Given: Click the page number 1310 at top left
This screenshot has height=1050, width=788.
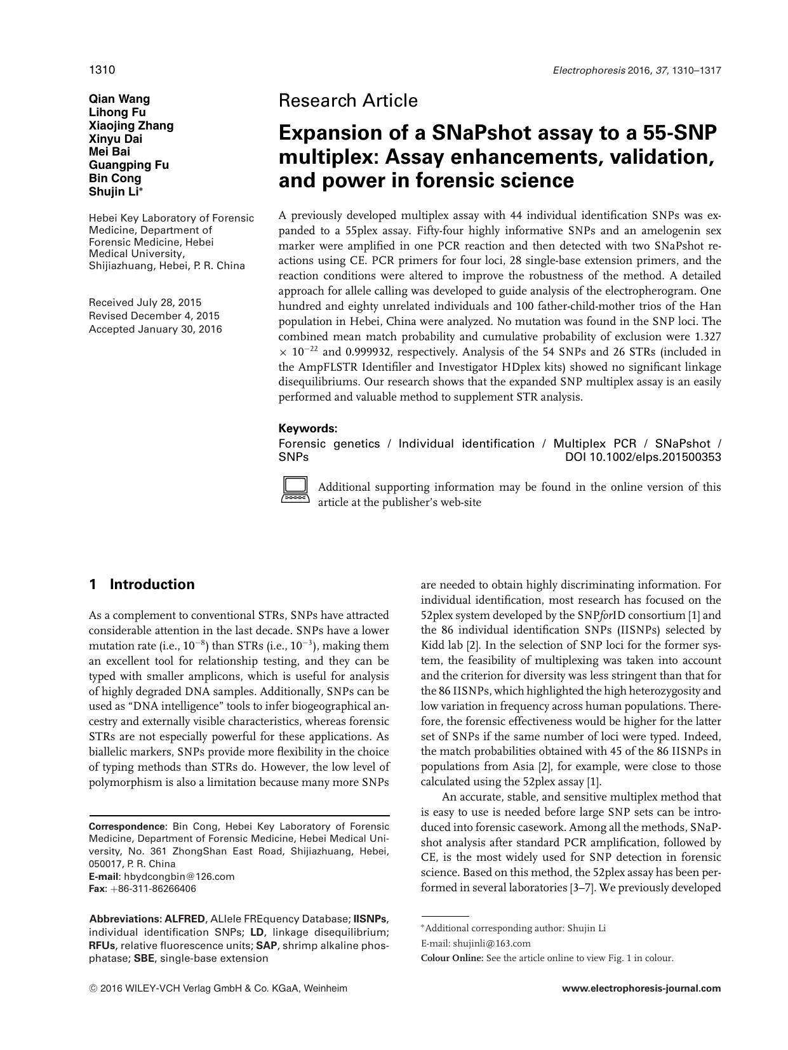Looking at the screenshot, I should coord(102,69).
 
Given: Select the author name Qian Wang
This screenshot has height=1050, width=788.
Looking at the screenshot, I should coord(119,98).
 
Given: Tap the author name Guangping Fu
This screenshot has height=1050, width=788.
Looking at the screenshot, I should coord(129,165).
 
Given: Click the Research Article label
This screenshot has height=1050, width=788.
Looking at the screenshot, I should coord(348,100).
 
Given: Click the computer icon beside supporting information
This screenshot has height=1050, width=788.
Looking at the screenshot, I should coord(295,489).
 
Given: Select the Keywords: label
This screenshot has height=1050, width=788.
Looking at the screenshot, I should coord(308,429).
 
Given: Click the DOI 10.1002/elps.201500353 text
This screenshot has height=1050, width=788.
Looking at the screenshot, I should coord(643,457).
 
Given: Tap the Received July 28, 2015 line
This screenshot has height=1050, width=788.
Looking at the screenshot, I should coord(145,302).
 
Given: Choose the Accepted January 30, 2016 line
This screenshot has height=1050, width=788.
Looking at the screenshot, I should coord(156,329).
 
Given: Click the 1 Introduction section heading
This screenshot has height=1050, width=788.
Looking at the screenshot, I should coord(142,585).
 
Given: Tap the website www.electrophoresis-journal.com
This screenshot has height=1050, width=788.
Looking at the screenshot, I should coord(641,988).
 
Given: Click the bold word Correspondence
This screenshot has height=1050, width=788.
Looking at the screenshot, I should coord(126,827).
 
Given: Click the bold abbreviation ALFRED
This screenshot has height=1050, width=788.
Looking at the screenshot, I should coord(185,919).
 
